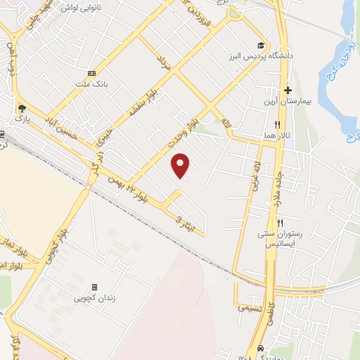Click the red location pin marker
click(181, 165)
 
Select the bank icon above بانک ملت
click(91, 73)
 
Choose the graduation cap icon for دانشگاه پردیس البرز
click(262, 44)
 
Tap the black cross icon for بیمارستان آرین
click(288, 90)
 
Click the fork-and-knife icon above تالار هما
click(267, 124)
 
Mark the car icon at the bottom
click(261, 348)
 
